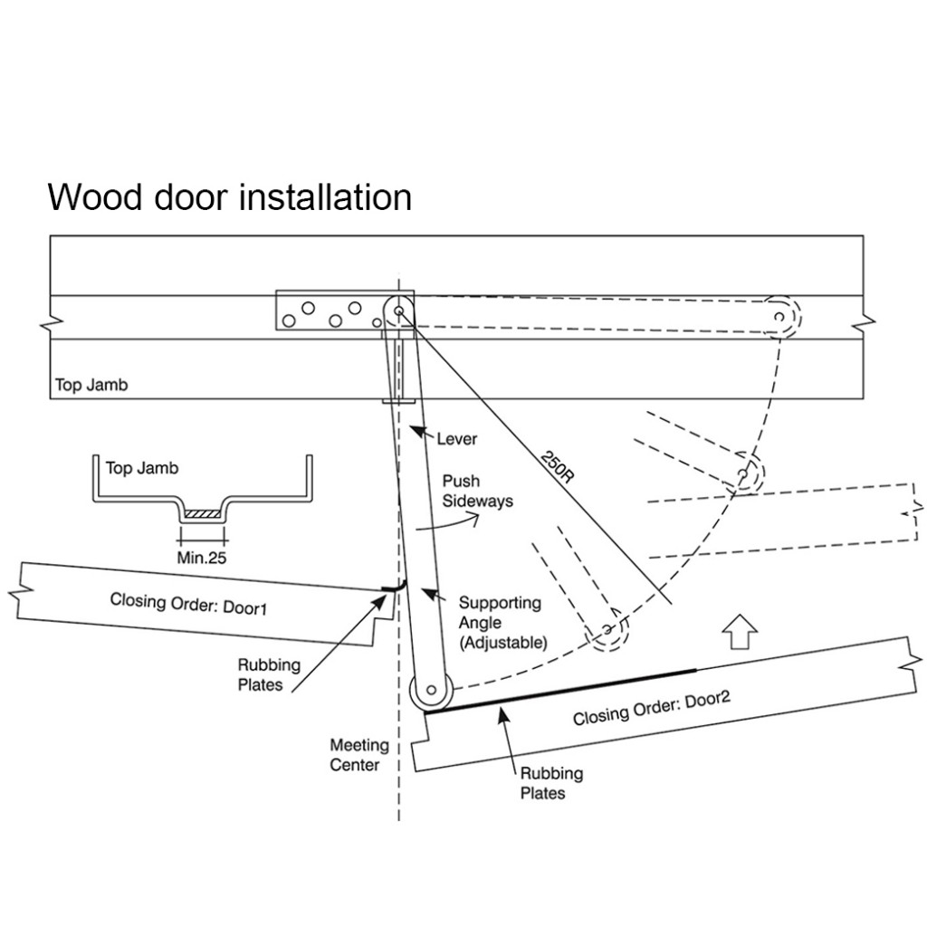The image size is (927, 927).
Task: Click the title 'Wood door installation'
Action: pyautogui.click(x=229, y=196)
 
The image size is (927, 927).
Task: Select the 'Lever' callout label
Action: pyautogui.click(x=456, y=439)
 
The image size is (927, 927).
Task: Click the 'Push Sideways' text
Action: pyautogui.click(x=477, y=491)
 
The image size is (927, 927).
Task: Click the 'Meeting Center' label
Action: pyautogui.click(x=358, y=755)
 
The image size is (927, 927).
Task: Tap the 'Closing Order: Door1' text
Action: pyautogui.click(x=188, y=604)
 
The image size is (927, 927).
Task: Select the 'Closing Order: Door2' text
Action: pyautogui.click(x=651, y=704)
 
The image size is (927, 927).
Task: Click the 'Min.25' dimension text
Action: pyautogui.click(x=201, y=558)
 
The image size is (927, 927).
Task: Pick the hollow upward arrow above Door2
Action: pyautogui.click(x=740, y=632)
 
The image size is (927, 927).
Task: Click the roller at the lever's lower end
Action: pyautogui.click(x=431, y=693)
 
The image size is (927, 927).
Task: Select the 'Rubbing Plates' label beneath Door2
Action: pyautogui.click(x=550, y=783)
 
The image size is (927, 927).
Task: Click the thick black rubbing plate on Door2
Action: pyautogui.click(x=561, y=690)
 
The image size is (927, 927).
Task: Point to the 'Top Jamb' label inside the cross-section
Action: pyautogui.click(x=142, y=468)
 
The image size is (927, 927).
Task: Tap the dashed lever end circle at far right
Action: pyautogui.click(x=781, y=316)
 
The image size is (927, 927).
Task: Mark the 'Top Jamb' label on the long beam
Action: pyautogui.click(x=91, y=385)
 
